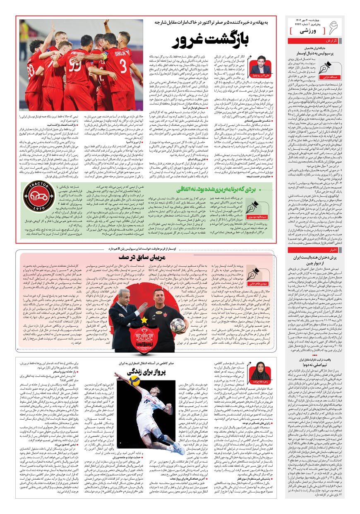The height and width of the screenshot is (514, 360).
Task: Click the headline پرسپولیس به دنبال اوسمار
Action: click(x=315, y=54)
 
